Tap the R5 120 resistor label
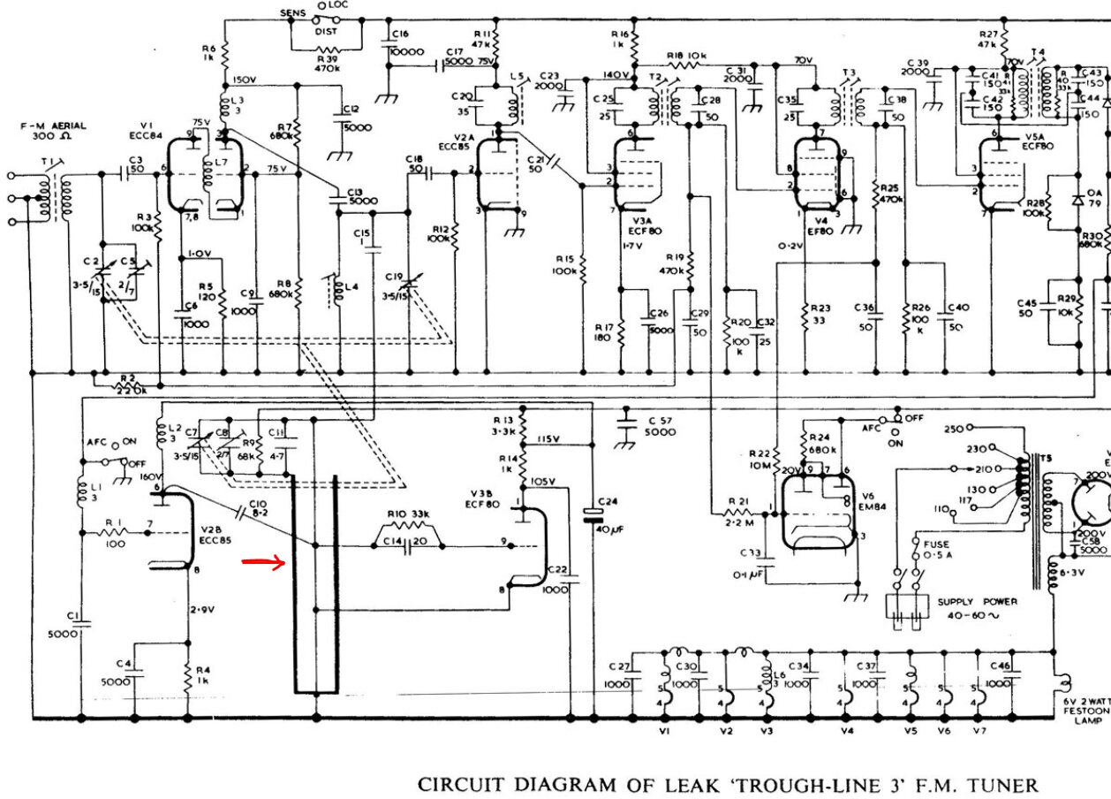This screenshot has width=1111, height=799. click(207, 292)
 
